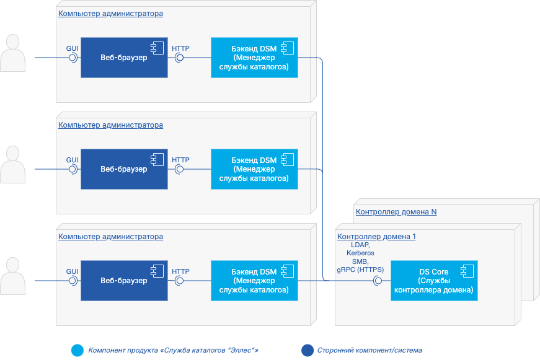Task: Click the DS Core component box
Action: point(434,281)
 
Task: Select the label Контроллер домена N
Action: point(396,212)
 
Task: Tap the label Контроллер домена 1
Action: point(376,237)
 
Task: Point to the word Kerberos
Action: point(360,253)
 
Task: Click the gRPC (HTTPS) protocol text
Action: point(360,270)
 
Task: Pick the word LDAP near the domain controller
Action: point(360,245)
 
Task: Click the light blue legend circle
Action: point(77,351)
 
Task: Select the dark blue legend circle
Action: point(307,351)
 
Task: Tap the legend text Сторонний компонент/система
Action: point(370,351)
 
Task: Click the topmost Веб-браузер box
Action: point(124,58)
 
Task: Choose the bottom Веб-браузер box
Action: point(124,281)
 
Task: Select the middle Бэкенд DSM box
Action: point(254,169)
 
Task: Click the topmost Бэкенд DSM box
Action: point(254,58)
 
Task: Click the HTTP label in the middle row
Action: point(180,159)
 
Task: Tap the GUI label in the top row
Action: point(72,48)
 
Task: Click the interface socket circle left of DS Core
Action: point(378,281)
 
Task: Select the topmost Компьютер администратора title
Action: point(110,14)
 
